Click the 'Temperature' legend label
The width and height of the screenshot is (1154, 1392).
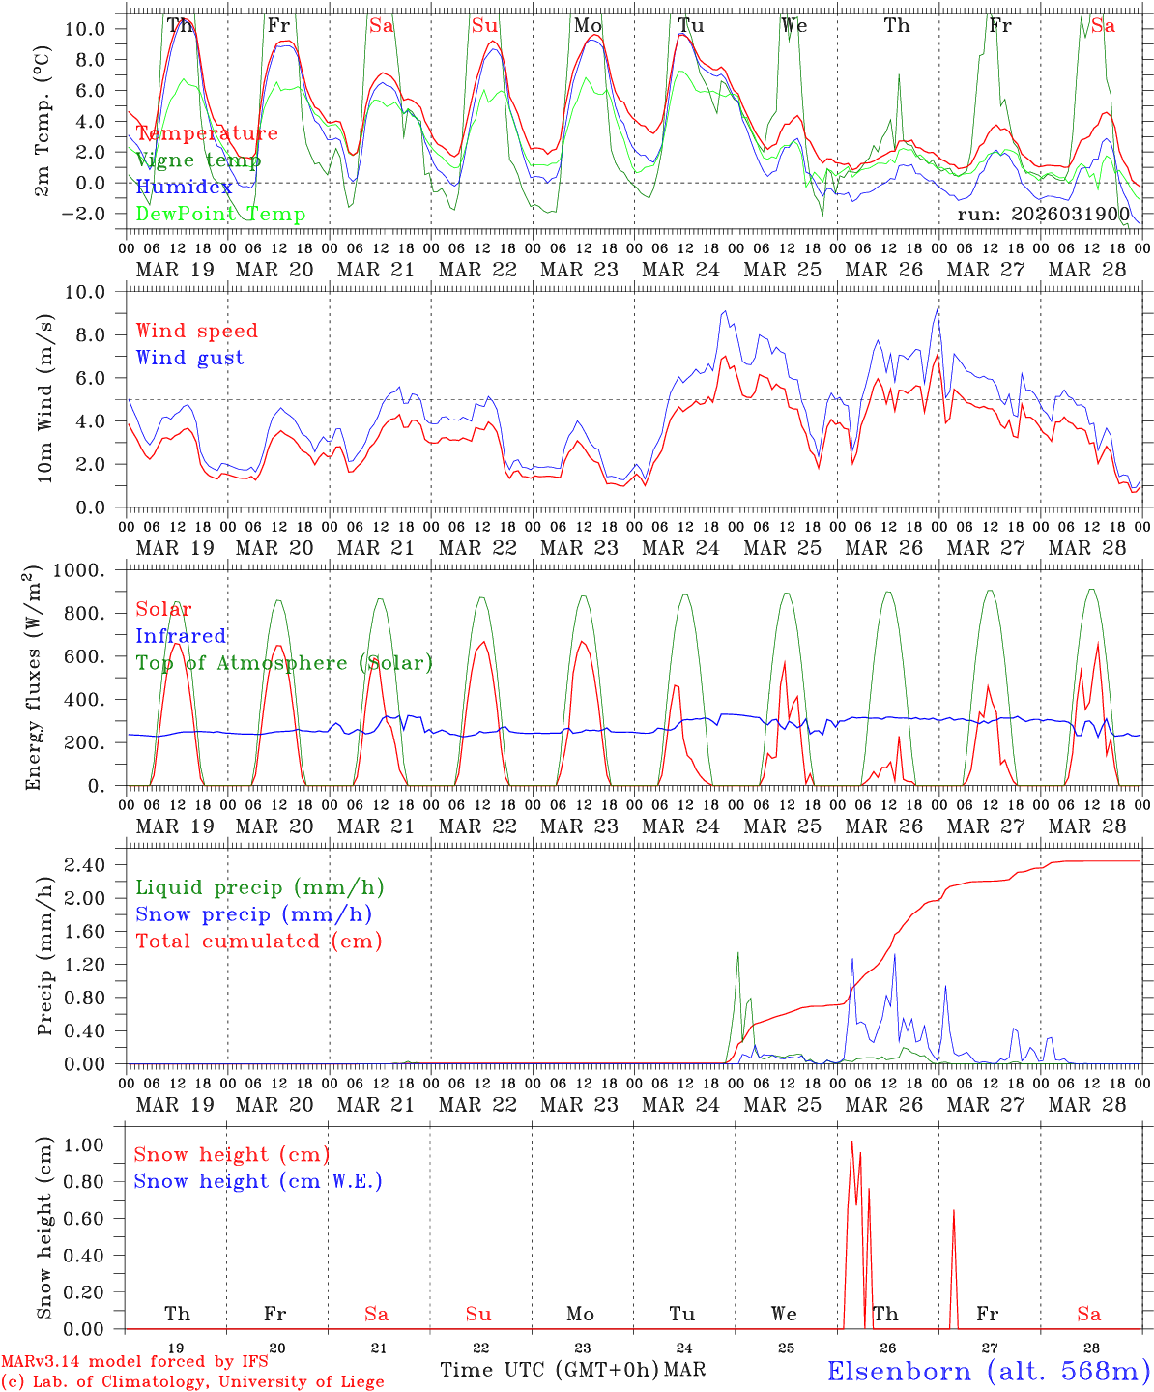[x=207, y=133]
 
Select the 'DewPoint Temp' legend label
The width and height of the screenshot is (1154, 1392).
[x=220, y=214]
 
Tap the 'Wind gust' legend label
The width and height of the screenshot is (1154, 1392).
[x=189, y=358]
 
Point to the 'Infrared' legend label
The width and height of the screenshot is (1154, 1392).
[x=181, y=636]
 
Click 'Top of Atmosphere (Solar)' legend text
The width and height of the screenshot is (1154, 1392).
[x=284, y=663]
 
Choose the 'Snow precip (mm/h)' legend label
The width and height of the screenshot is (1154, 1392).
[x=253, y=914]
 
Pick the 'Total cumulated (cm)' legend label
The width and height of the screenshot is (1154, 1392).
[x=258, y=941]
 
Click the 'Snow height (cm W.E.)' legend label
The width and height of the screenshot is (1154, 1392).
[x=258, y=1181]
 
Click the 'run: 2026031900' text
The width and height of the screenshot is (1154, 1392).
[x=1044, y=214]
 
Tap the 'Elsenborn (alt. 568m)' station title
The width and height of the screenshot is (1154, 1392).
[x=988, y=1371]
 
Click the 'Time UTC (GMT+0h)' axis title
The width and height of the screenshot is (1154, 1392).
[x=550, y=1370]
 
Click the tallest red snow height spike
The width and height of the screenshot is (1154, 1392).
[x=851, y=1143]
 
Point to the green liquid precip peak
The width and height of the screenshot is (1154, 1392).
[x=737, y=953]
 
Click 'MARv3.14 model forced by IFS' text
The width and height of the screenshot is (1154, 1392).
[x=133, y=1362]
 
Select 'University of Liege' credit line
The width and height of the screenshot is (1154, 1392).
[x=192, y=1382]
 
